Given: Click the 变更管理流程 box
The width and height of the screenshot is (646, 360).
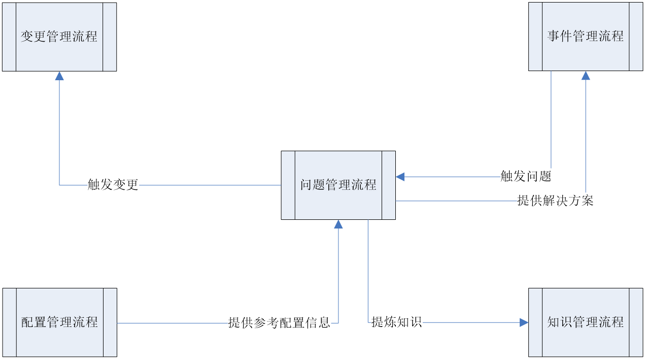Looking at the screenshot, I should pos(59,37).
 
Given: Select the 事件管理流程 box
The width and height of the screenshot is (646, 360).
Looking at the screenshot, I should pos(585,37).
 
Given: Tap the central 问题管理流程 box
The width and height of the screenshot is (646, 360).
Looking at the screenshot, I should pos(338,185).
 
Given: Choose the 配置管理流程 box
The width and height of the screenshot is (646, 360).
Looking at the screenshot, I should pos(59,322).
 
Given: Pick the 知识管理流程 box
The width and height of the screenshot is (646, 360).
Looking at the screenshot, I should pos(585,322).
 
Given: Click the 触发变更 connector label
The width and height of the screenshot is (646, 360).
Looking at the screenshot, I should pos(113,185).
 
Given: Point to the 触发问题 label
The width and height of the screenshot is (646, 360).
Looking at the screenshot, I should pos(526,177).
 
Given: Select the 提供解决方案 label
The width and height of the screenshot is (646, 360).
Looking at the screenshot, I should pos(555,201).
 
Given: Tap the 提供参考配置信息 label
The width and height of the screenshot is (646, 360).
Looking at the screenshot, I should pos(280,322).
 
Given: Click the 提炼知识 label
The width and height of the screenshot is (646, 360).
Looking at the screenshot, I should pos(396,322).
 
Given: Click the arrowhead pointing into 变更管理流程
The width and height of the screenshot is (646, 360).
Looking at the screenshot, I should pos(59,76).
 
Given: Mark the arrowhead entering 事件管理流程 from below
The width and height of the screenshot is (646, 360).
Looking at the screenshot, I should pos(586,76).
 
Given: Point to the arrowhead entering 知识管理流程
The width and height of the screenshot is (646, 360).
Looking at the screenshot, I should pos(524,322).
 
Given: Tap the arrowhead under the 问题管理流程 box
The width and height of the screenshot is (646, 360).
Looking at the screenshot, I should pos(338,224).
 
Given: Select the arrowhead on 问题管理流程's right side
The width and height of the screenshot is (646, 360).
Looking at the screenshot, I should pos(400,177).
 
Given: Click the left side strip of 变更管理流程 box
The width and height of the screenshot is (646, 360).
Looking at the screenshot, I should pos(9,37).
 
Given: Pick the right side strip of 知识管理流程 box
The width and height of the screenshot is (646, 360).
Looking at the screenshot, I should pos(636,322).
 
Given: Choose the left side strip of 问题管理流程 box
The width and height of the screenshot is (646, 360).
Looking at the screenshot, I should pos(288,185).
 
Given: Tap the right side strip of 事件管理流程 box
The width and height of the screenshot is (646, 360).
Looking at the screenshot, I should pos(635,37).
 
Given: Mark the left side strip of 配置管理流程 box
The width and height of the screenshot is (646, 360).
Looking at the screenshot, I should pos(10,322).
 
